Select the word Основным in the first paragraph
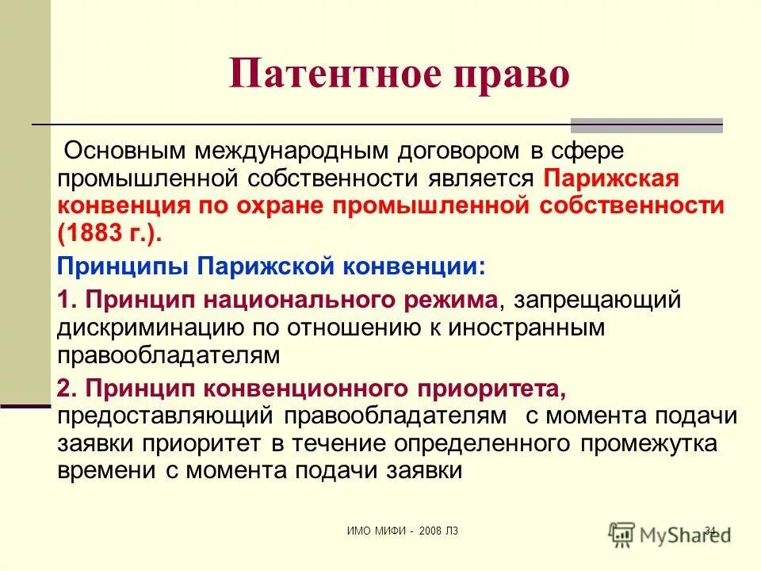(138, 149)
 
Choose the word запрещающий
(598, 301)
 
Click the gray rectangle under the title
(647, 124)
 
